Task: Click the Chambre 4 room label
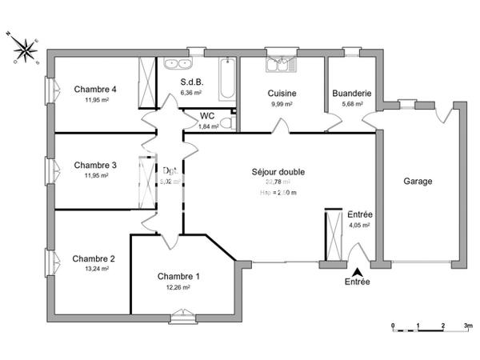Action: point(95,89)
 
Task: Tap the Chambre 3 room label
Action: point(95,165)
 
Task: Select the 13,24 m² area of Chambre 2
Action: point(94,269)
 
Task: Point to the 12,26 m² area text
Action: point(178,287)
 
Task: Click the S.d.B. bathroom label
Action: point(192,82)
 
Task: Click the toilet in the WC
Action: point(226,122)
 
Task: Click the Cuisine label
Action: point(282,93)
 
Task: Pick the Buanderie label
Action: point(351,93)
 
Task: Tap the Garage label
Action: point(418,182)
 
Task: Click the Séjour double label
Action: point(278,171)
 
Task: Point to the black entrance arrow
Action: point(357,272)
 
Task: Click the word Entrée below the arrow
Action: point(357,282)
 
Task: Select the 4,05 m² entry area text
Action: point(359,226)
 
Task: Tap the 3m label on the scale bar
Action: point(469,326)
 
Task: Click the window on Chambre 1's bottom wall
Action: point(183,319)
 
